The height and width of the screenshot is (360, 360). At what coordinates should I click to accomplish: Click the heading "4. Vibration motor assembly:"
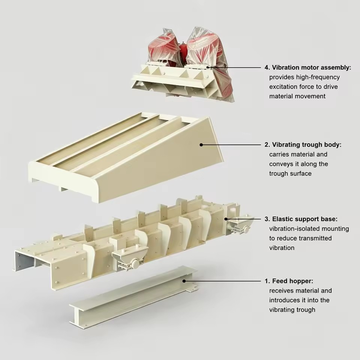pos(307,67)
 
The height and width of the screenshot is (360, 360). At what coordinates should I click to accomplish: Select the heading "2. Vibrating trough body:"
pos(303,145)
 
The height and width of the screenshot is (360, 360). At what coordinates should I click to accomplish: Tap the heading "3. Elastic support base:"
pos(301,219)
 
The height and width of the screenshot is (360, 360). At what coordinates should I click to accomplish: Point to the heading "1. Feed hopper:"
pos(289,281)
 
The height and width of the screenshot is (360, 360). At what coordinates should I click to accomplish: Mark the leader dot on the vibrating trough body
pos(201,145)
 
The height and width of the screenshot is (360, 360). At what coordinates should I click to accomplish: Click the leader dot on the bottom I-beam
pos(184,281)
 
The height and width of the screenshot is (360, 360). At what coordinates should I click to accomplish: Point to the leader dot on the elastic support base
pos(226,219)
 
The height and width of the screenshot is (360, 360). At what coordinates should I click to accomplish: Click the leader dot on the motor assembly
pos(208,67)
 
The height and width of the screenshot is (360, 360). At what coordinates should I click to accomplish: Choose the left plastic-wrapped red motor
pos(163,49)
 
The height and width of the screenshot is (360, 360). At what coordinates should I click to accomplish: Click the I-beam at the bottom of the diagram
pos(133,296)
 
